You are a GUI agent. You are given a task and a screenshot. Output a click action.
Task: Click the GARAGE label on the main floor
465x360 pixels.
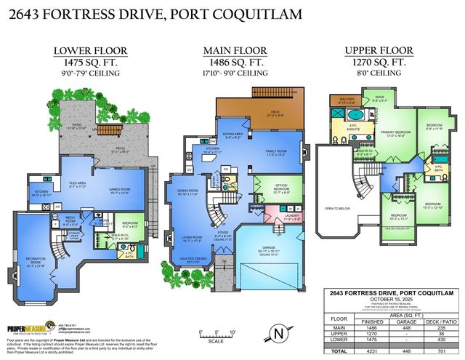tap(268, 249)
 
